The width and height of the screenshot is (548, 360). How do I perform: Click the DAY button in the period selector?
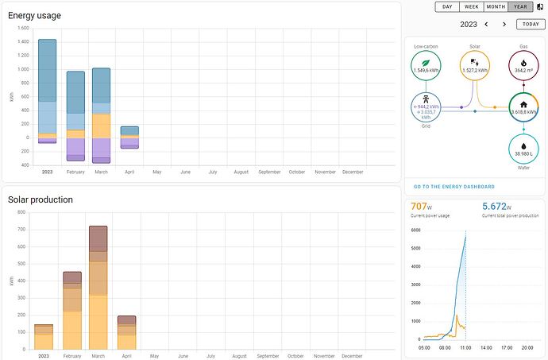(447, 6)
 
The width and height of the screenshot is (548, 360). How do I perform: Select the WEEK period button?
(471, 6)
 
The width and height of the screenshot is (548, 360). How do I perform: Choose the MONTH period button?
(496, 6)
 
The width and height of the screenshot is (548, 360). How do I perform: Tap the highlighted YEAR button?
(520, 6)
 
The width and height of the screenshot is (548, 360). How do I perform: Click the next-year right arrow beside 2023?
(504, 24)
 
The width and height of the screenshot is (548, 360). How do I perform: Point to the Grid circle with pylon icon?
(426, 108)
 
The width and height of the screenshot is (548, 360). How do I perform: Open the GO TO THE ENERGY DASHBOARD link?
(453, 187)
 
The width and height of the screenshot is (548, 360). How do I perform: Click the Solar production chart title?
(40, 199)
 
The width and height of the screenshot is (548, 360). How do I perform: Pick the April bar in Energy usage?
(129, 137)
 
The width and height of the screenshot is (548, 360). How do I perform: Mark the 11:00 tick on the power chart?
(465, 346)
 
